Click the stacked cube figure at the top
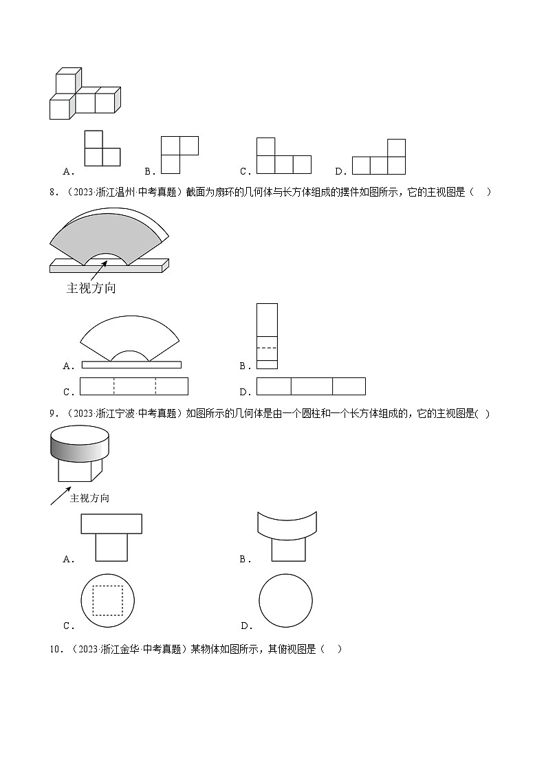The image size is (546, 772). pos(84,96)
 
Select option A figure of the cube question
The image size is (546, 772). pos(102,148)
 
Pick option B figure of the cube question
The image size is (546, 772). pos(179,155)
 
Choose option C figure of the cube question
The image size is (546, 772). pos(283,157)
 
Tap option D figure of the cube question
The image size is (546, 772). pos(379,157)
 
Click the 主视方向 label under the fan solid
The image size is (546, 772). pos(91,289)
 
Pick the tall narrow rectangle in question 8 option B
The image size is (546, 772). pos(267,337)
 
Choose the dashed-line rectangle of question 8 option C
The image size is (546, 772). pos(134,386)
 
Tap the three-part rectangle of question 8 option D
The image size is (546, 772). pos(311,386)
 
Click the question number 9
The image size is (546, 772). pos(53,413)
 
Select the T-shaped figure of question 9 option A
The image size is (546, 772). pos(111,537)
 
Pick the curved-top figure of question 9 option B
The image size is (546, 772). pos(287,536)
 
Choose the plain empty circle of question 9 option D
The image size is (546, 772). pos(285,600)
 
